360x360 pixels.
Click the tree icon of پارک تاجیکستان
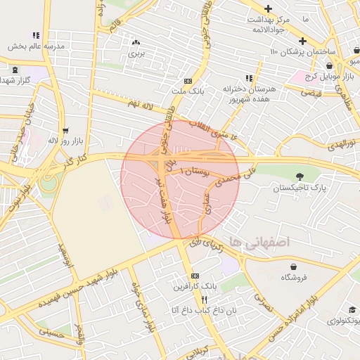click(x=301, y=176)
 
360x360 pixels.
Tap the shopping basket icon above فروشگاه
click(x=293, y=266)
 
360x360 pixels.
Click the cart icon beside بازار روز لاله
click(x=65, y=130)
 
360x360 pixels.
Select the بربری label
click(x=135, y=53)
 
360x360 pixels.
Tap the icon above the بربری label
click(x=135, y=43)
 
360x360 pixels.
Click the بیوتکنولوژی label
click(x=342, y=321)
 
